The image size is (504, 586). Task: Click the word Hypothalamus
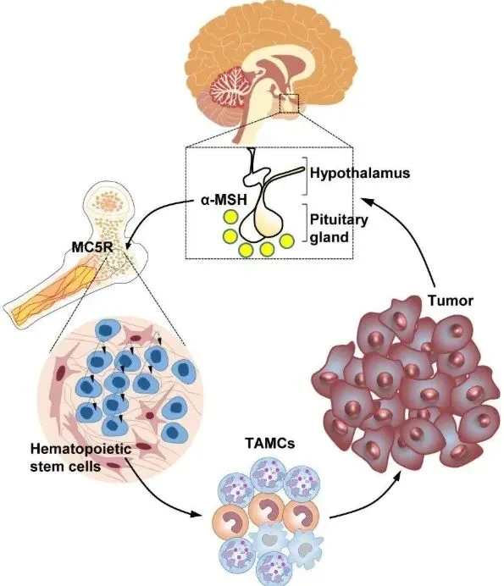(360, 173)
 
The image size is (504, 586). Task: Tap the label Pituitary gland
(338, 228)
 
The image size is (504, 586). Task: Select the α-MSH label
(224, 200)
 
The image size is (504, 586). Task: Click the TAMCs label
(270, 443)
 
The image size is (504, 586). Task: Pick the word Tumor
(450, 301)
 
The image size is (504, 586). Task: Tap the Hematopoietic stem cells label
(80, 457)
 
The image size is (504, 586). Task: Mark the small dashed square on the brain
(289, 104)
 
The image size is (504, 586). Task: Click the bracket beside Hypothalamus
(306, 176)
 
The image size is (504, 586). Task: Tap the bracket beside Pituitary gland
(306, 223)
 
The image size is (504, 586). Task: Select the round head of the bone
(108, 202)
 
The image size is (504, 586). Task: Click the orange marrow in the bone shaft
(56, 291)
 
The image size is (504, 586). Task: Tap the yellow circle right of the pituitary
(287, 241)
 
